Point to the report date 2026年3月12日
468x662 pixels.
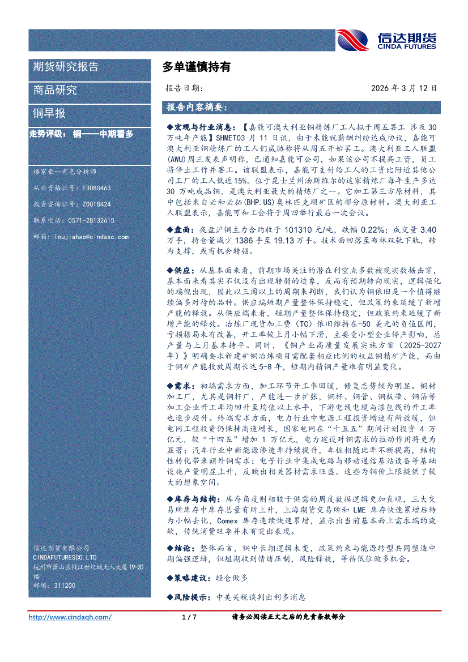(x=405, y=88)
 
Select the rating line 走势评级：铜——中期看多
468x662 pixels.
(x=82, y=134)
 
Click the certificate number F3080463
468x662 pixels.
(x=97, y=187)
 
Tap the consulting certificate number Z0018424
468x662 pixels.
(x=97, y=204)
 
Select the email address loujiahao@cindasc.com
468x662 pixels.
(x=90, y=237)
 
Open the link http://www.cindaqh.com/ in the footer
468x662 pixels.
(x=70, y=617)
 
